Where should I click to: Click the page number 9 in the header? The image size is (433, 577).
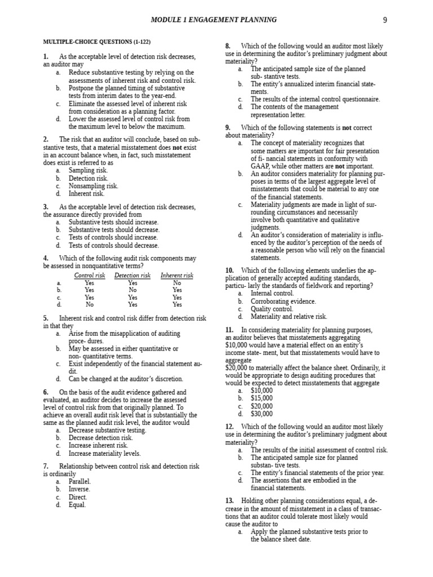click(385, 20)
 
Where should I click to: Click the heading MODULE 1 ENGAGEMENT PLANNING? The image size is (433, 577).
click(214, 20)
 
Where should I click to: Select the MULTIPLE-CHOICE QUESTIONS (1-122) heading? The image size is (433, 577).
click(97, 42)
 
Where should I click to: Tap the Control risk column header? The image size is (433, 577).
click(90, 275)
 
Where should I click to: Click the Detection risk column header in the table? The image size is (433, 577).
click(132, 275)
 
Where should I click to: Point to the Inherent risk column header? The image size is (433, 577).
click(176, 275)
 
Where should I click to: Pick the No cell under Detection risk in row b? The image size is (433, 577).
click(132, 290)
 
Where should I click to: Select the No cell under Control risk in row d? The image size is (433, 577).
click(90, 304)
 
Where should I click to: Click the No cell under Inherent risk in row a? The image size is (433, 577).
click(177, 283)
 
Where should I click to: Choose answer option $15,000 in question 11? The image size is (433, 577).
click(262, 398)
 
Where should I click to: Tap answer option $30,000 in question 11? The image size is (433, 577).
click(262, 414)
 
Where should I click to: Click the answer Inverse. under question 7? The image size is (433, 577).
click(79, 489)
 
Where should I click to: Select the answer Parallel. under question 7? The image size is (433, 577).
click(79, 481)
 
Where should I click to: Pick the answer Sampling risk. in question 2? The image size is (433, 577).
click(88, 170)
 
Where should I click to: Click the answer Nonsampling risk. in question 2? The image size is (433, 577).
click(93, 185)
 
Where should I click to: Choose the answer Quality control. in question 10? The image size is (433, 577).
click(272, 309)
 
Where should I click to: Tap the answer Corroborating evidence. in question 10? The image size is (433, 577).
click(283, 301)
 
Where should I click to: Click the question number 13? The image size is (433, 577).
click(229, 500)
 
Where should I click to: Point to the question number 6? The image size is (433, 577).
click(46, 392)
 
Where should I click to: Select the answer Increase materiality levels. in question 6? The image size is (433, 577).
click(104, 453)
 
